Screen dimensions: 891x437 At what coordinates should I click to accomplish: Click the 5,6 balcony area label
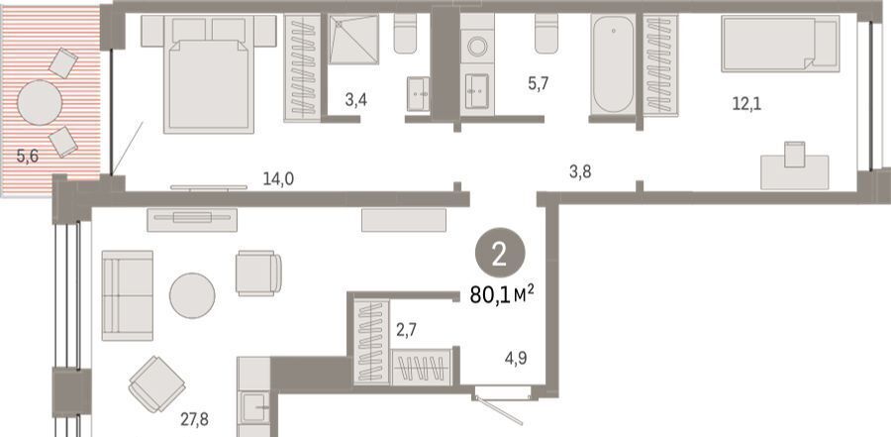pos(28,156)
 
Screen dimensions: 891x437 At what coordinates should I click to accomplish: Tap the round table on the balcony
pos(40,103)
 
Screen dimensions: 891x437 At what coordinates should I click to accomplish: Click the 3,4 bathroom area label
pos(356,101)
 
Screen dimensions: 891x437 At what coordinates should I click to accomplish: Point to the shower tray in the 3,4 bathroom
pos(353,40)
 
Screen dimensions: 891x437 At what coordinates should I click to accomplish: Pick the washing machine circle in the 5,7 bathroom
pos(477,47)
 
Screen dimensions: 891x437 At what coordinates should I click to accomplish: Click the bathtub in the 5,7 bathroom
pos(613,63)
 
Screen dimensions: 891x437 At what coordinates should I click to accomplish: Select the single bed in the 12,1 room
pos(780,44)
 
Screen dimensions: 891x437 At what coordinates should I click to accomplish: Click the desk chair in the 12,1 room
pos(794,155)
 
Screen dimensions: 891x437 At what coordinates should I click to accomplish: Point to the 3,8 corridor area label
pos(580,171)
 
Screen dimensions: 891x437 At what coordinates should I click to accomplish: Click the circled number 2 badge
pos(500,256)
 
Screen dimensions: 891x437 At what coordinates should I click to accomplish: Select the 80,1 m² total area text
pos(502,295)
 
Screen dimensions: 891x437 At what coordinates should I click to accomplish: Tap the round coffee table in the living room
pos(192,296)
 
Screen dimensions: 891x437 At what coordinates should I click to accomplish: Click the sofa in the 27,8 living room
pos(128,295)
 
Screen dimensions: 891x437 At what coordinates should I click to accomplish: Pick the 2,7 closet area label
pos(406,329)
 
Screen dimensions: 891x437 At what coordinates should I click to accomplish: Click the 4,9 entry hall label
pos(516,359)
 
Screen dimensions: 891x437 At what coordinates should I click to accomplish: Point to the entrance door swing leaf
pos(498,410)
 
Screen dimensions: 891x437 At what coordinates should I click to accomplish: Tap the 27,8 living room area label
pos(194,420)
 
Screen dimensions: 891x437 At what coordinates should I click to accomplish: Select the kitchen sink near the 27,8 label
pos(254,407)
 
